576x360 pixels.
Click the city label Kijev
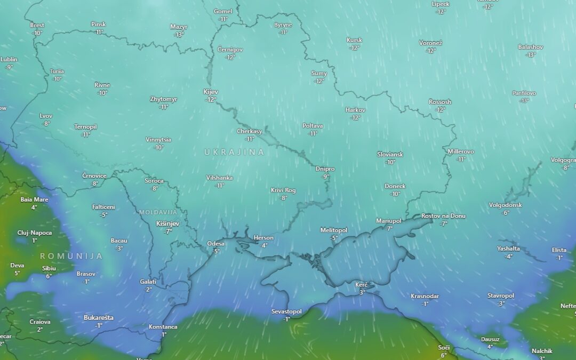pos(211,92)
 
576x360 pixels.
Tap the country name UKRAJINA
pos(234,152)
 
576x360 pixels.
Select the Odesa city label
pos(216,244)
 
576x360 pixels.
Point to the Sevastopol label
pos(286,311)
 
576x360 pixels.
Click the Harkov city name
pos(355,110)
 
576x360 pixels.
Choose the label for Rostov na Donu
pos(443,216)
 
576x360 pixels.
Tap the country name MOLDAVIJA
pos(158,212)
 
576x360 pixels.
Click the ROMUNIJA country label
pos(71,256)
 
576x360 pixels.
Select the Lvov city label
pos(46,116)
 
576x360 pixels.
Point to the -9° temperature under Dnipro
pos(325,177)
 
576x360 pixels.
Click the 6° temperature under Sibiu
pos(49,276)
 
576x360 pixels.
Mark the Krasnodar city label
pos(425,296)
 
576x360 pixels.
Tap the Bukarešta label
pos(99,318)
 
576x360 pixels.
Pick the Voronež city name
pos(431,43)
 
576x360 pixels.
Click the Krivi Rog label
pos(283,190)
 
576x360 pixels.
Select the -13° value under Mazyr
pos(179,35)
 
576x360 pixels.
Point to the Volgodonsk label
pos(505,205)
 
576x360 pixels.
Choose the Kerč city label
pos(362,285)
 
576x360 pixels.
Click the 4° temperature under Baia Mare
pos(34,207)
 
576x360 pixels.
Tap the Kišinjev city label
pos(167,223)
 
